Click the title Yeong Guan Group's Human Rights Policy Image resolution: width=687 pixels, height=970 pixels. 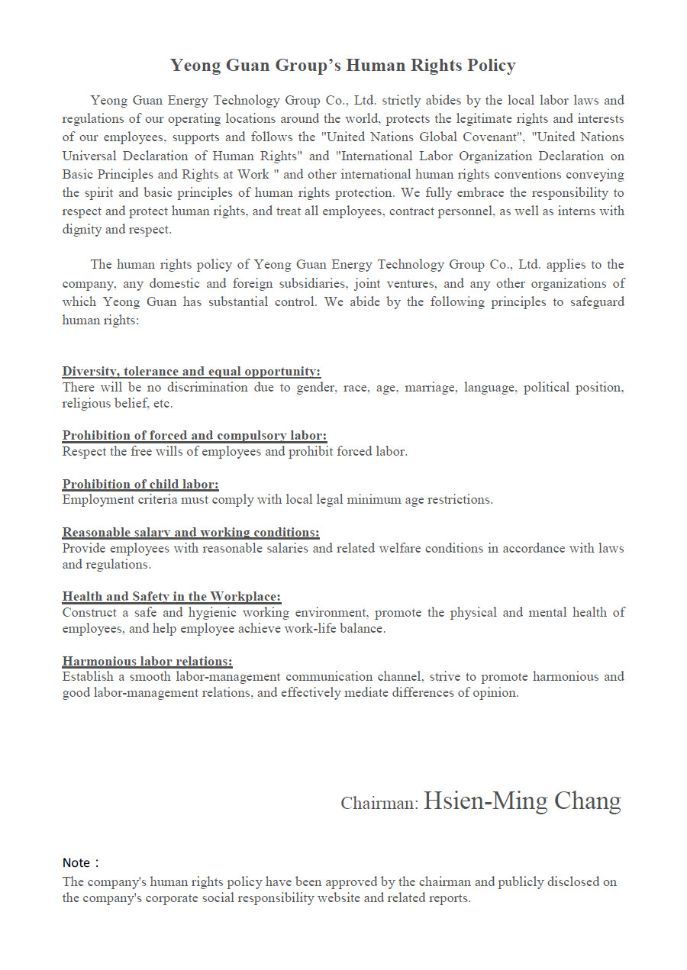[x=343, y=66]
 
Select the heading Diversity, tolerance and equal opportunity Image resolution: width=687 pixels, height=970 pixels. [x=191, y=371]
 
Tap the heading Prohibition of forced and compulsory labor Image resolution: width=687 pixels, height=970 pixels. [x=195, y=435]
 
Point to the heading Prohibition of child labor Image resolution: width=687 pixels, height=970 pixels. [x=140, y=484]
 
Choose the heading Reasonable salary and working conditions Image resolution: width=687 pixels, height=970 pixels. [x=191, y=532]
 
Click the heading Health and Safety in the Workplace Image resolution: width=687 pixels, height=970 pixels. [x=172, y=596]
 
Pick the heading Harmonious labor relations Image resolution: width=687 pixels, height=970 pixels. [x=147, y=660]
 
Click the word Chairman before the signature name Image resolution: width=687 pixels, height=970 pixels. [x=379, y=804]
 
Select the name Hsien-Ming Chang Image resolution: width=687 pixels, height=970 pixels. [x=522, y=801]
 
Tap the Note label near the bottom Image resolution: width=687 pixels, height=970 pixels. [x=77, y=862]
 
